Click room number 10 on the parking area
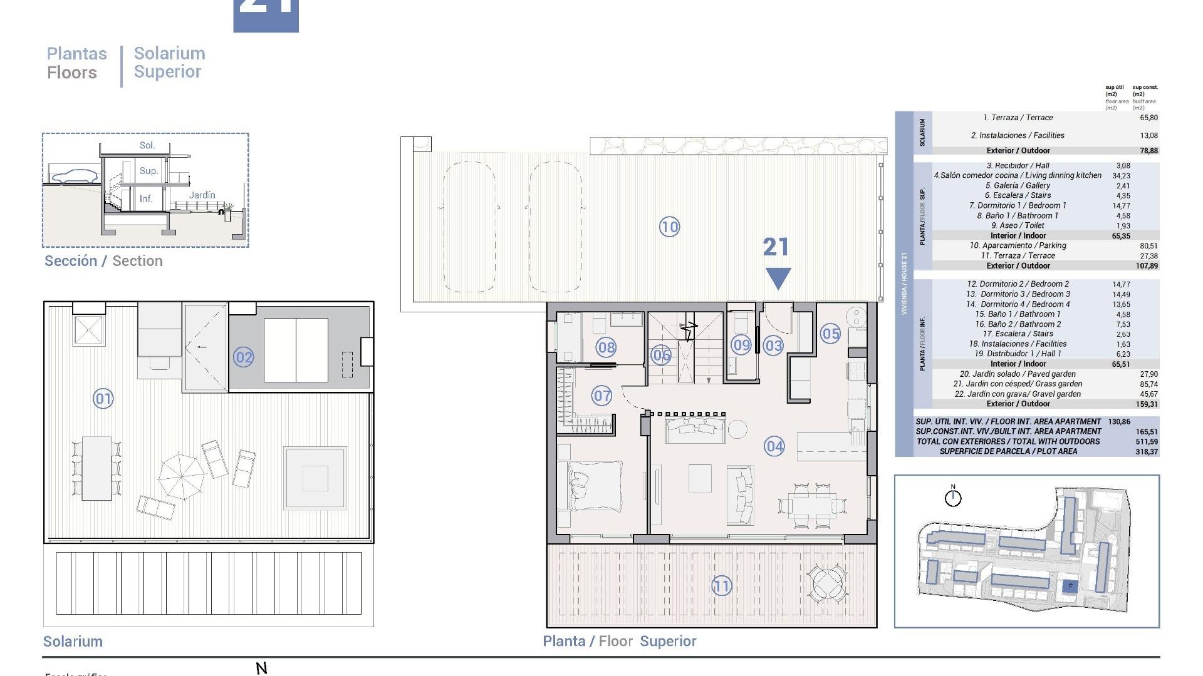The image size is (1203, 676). coord(669,227)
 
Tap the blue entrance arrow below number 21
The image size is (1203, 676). coord(778,278)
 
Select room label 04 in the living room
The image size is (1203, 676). coord(774,446)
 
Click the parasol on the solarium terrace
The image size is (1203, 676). coord(180,476)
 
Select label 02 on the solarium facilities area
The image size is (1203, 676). coord(243,357)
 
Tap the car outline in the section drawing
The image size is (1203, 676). coord(73,176)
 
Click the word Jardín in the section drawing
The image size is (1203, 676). coord(202,195)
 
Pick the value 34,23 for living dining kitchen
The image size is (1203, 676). coord(1121,176)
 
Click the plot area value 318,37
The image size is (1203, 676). coord(1146,451)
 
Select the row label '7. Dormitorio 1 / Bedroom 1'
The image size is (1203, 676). coord(1017,205)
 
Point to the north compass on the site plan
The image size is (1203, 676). coord(952,498)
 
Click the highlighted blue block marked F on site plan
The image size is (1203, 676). coord(1070,586)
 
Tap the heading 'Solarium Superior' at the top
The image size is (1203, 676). coord(169,63)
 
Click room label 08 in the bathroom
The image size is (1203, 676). coord(606,347)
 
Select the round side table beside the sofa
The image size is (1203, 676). coord(737,429)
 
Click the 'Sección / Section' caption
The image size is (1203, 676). coord(103,261)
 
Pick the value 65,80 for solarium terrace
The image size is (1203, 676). coord(1148,118)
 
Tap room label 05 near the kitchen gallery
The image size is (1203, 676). coord(830,334)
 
